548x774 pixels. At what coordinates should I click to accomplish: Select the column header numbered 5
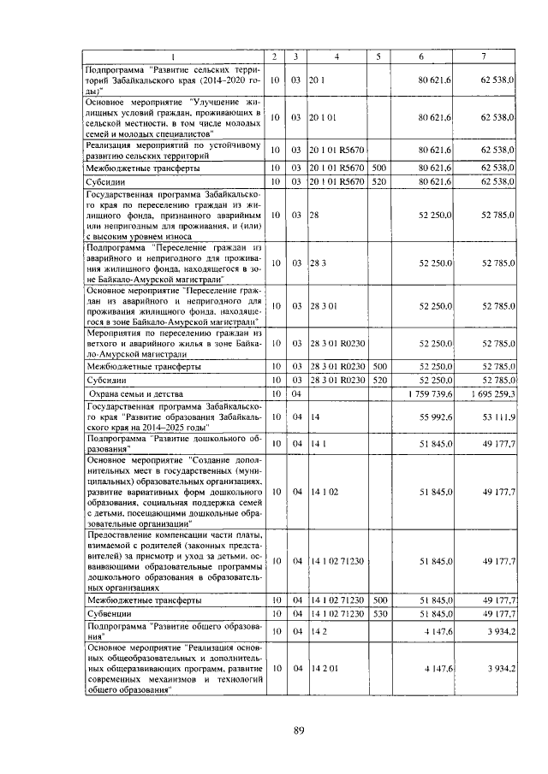pos(378,56)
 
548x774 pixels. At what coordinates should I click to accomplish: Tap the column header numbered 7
pos(484,56)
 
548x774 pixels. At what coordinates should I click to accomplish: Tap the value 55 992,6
pos(435,418)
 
